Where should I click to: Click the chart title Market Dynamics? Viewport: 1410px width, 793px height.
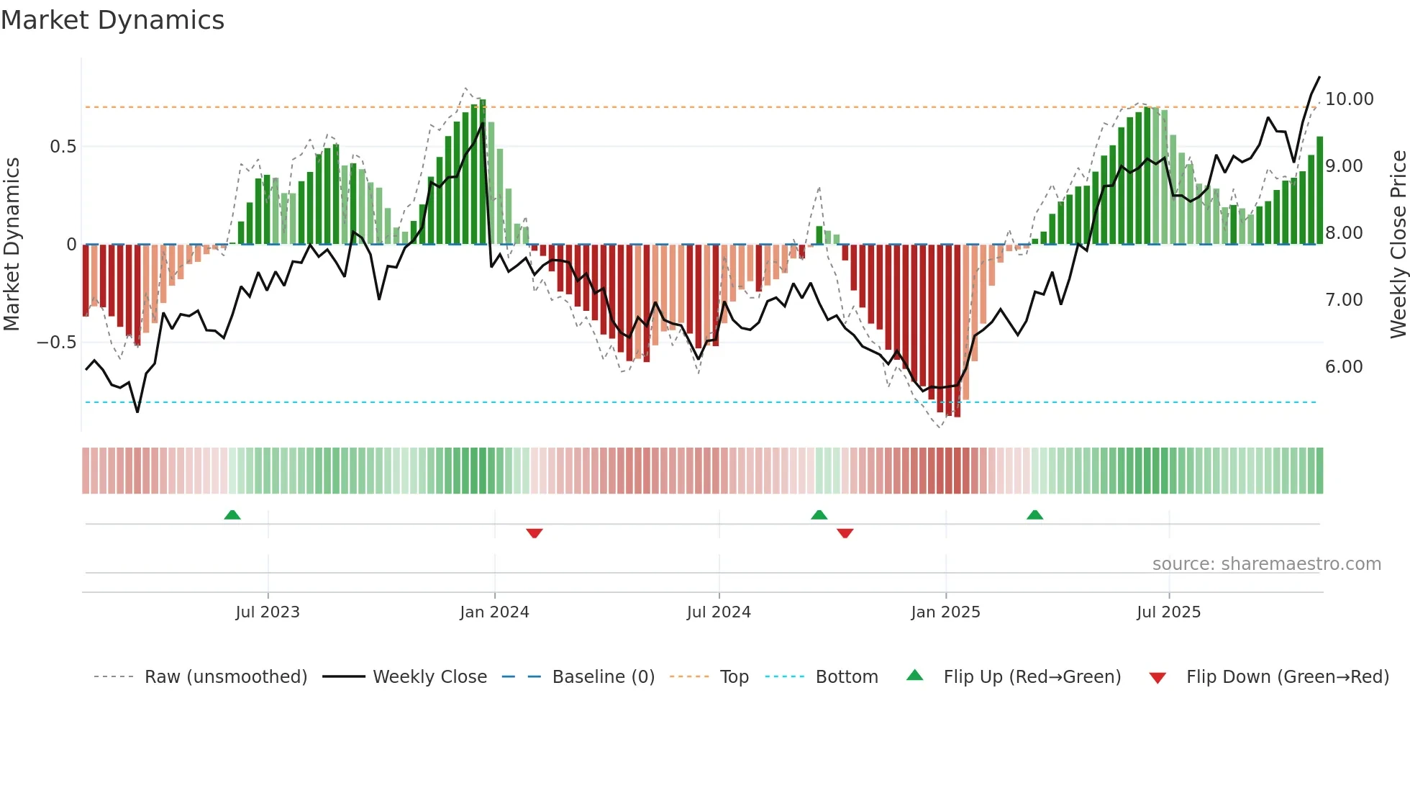click(x=112, y=20)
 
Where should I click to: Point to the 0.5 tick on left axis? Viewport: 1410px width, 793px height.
click(x=63, y=147)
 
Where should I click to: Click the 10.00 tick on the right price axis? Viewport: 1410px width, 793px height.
click(x=1349, y=99)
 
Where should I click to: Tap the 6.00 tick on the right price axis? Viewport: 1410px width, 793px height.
click(x=1344, y=367)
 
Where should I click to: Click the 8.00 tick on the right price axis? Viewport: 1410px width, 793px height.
click(x=1344, y=233)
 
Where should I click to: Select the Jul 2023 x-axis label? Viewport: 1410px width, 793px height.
click(x=268, y=612)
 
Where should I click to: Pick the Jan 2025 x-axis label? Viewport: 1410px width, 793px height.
click(x=945, y=612)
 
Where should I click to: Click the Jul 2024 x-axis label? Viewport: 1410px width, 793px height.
click(x=719, y=612)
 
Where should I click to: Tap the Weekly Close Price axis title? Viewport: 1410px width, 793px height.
click(x=1398, y=245)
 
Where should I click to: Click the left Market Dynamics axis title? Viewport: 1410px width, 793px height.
click(x=12, y=245)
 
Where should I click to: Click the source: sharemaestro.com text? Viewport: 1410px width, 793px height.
click(x=1266, y=564)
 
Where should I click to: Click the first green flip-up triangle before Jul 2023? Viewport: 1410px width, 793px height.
click(x=232, y=515)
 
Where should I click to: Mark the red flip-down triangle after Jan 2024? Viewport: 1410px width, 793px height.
click(x=535, y=533)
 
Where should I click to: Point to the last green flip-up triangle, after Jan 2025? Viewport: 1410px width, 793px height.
click(x=1034, y=515)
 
